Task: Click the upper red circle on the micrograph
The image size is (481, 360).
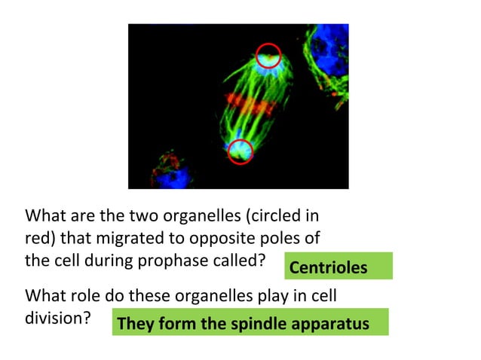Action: tap(268, 55)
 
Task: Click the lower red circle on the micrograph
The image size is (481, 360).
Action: tap(240, 151)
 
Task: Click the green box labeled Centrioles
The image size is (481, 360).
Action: tap(339, 267)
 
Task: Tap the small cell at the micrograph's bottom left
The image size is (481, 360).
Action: tap(167, 171)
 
